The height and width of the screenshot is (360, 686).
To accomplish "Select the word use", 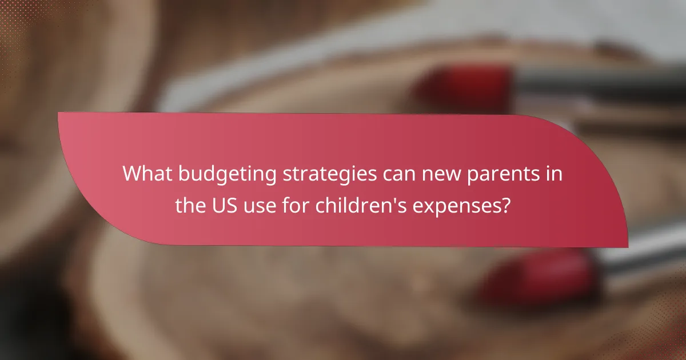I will (x=260, y=206).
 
